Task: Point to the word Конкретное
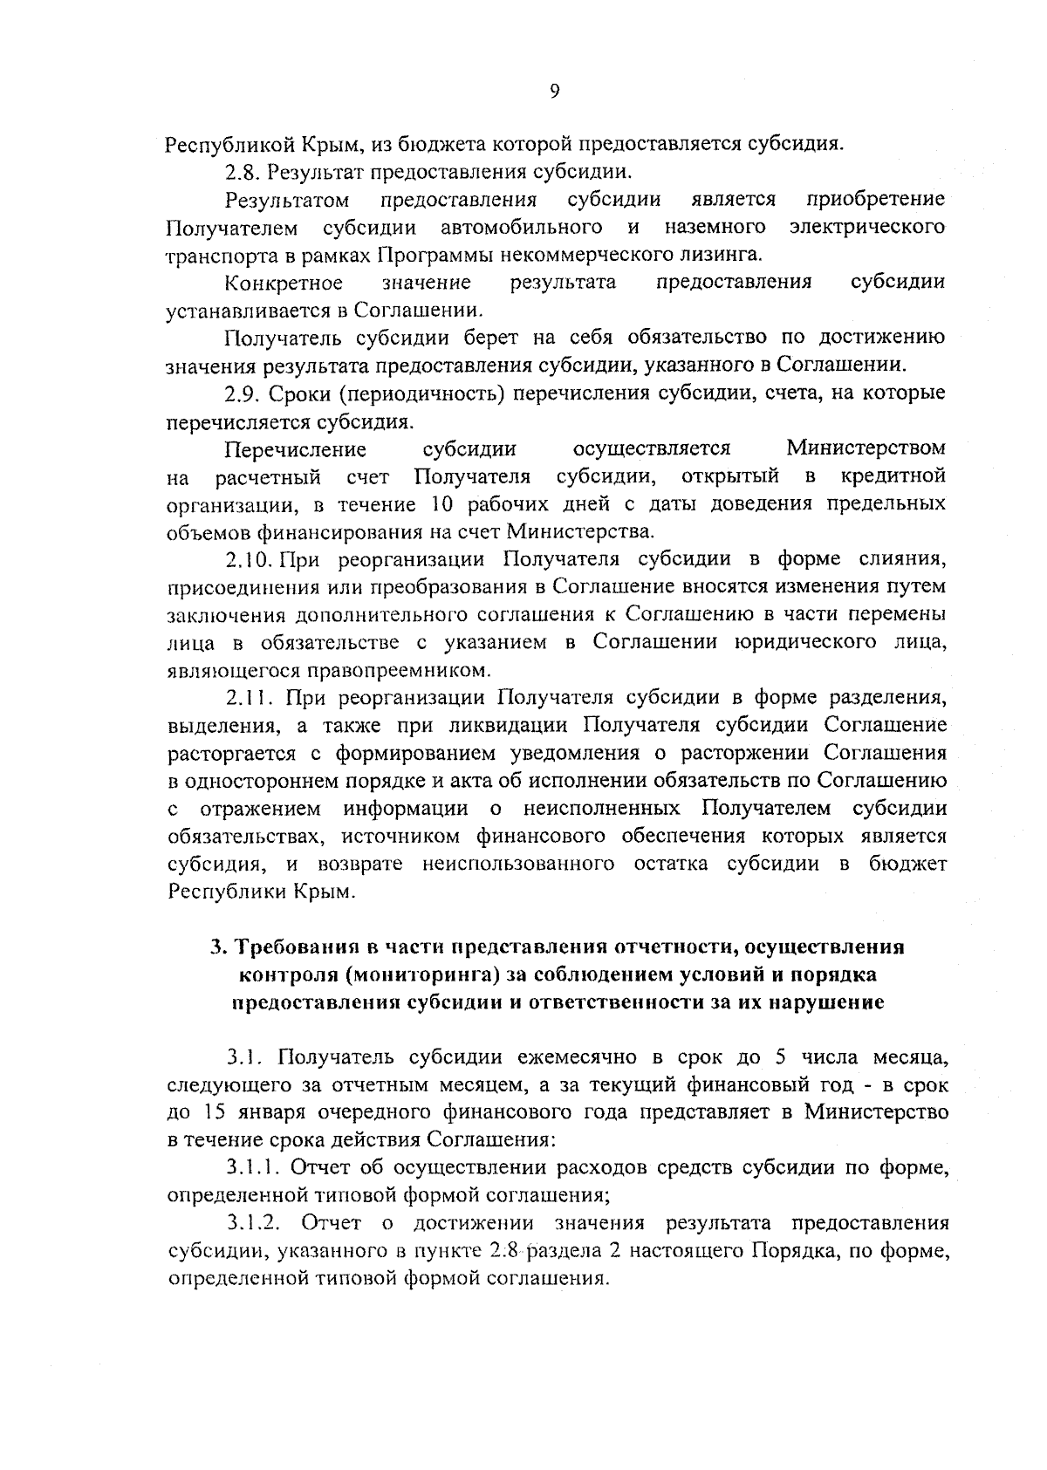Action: [x=284, y=283]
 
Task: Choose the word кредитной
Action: [x=893, y=476]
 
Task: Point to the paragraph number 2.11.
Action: [x=248, y=698]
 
